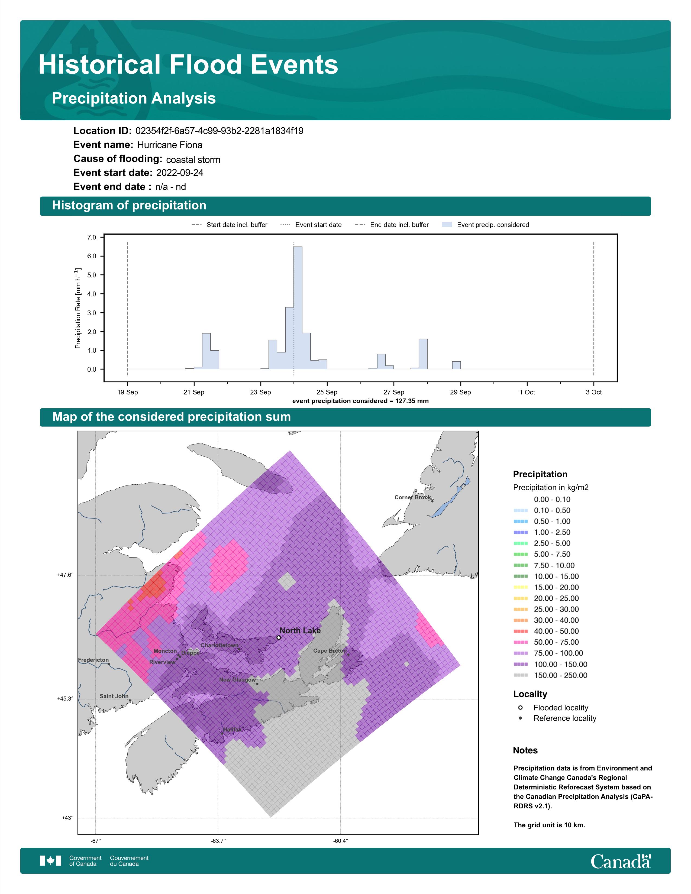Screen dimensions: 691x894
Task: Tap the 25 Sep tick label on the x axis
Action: (327, 392)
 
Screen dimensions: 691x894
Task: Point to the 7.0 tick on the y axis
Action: (91, 237)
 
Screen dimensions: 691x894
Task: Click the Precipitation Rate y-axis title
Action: (78, 308)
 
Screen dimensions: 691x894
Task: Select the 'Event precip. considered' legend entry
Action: (486, 225)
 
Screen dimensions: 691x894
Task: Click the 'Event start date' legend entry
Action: (311, 225)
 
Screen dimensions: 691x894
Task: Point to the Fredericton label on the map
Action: (93, 660)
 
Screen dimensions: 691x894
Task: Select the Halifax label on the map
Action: (233, 730)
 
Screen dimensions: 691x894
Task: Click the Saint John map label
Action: (114, 696)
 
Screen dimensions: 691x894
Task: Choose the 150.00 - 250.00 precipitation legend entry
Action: (550, 675)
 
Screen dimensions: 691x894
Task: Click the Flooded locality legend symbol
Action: (520, 707)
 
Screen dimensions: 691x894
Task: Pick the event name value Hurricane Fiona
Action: (169, 145)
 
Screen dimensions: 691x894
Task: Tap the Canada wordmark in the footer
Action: (621, 861)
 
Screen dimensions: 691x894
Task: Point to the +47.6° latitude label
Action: (66, 575)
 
